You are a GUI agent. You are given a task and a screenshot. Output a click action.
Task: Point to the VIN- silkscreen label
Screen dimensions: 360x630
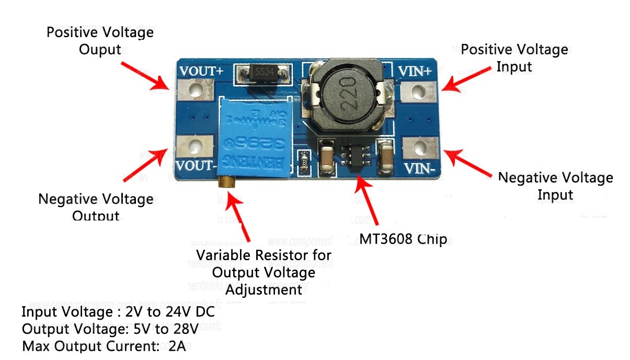click(x=420, y=169)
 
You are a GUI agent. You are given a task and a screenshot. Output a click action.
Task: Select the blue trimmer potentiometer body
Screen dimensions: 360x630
click(x=255, y=138)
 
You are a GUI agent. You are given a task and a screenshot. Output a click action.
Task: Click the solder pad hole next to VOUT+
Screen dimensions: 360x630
click(x=196, y=92)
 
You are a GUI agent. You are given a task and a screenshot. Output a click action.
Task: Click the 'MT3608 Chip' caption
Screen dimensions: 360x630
click(x=403, y=239)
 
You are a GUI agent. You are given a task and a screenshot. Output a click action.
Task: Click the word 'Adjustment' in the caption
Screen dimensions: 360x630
click(x=264, y=289)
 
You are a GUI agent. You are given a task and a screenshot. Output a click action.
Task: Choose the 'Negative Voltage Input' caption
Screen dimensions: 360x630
click(x=555, y=186)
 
